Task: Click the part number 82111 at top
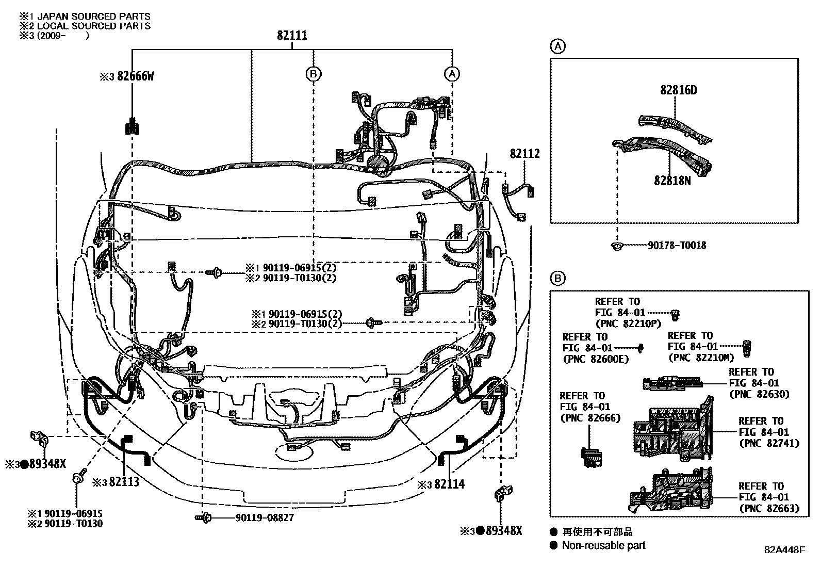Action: click(x=292, y=36)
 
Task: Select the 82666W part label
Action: click(x=135, y=76)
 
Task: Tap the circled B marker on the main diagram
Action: click(x=313, y=74)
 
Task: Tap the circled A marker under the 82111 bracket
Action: click(x=452, y=74)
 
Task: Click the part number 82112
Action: click(x=525, y=153)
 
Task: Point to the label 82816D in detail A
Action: click(x=678, y=90)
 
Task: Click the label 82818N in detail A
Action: click(x=672, y=181)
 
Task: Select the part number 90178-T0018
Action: click(x=677, y=246)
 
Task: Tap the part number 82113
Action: click(x=124, y=482)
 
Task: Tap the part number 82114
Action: click(x=449, y=484)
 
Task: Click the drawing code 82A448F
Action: click(x=784, y=550)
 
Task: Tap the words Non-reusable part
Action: click(x=603, y=545)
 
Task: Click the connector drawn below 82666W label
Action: click(x=133, y=126)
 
